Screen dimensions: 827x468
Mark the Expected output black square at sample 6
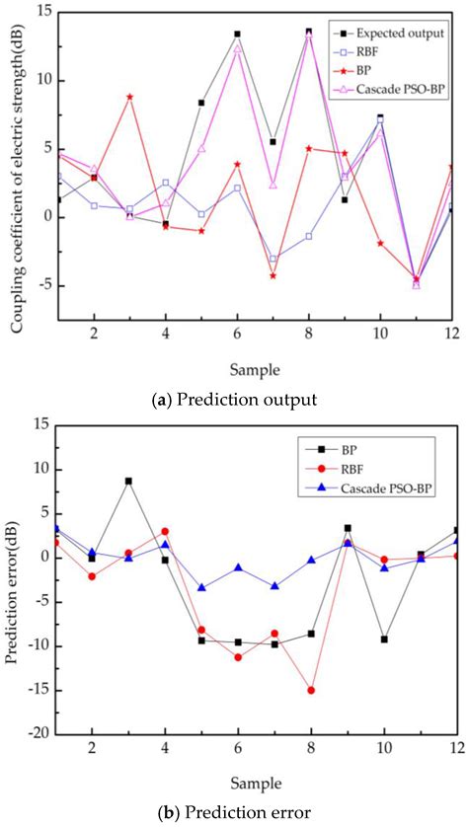[237, 34]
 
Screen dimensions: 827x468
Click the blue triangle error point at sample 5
[201, 587]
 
